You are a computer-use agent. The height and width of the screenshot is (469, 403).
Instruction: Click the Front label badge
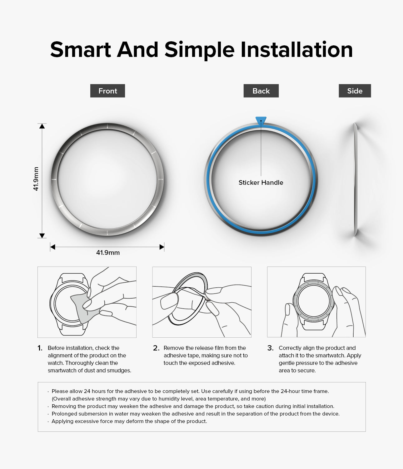pos(107,91)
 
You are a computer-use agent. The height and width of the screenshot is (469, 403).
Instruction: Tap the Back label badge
pos(261,91)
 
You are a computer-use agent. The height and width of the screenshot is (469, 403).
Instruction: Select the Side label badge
pos(355,91)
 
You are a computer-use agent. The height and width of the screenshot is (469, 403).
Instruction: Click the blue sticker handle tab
pos(261,120)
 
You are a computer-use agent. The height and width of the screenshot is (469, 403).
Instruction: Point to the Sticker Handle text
pos(261,182)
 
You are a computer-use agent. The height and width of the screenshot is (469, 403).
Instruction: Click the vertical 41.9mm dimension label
pos(36,179)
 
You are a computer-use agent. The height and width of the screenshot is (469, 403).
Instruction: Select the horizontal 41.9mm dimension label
pos(108,253)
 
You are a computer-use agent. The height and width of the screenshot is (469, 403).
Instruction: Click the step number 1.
pos(40,348)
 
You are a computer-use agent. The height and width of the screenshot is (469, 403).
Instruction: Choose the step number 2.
pos(156,348)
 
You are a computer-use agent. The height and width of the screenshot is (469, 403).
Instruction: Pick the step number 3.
pos(271,348)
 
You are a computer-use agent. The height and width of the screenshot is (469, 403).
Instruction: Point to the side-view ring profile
pos(356,179)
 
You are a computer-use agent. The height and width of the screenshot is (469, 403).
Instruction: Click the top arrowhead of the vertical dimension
pos(42,126)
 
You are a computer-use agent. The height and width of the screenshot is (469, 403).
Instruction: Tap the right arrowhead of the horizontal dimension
pos(162,247)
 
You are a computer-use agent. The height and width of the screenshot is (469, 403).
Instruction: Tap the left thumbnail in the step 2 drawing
pos(169,301)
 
